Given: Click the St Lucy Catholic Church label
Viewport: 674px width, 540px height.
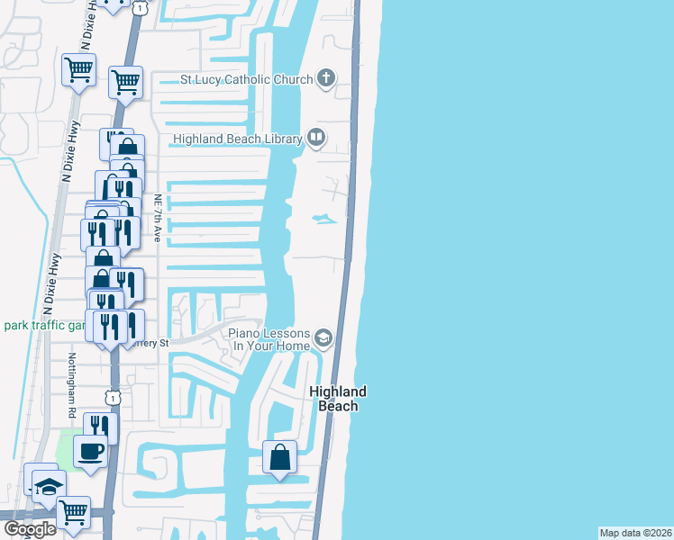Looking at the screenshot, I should tap(246, 79).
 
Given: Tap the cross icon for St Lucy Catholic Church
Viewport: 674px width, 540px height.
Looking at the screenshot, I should tap(325, 79).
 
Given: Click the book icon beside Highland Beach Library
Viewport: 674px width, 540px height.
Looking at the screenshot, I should tap(315, 138).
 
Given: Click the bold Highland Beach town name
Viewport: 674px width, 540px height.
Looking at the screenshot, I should tap(338, 399).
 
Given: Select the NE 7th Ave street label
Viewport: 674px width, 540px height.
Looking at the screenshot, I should tap(157, 219).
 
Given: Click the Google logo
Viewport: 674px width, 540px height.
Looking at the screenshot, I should tap(29, 529).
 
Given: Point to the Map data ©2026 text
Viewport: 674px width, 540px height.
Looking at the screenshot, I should tap(635, 533).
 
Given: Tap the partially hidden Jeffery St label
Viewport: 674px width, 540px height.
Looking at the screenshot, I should tap(151, 343).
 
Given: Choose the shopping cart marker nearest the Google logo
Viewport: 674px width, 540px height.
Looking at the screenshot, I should tap(73, 512).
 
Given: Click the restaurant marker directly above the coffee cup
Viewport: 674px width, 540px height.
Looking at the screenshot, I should tap(100, 426).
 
